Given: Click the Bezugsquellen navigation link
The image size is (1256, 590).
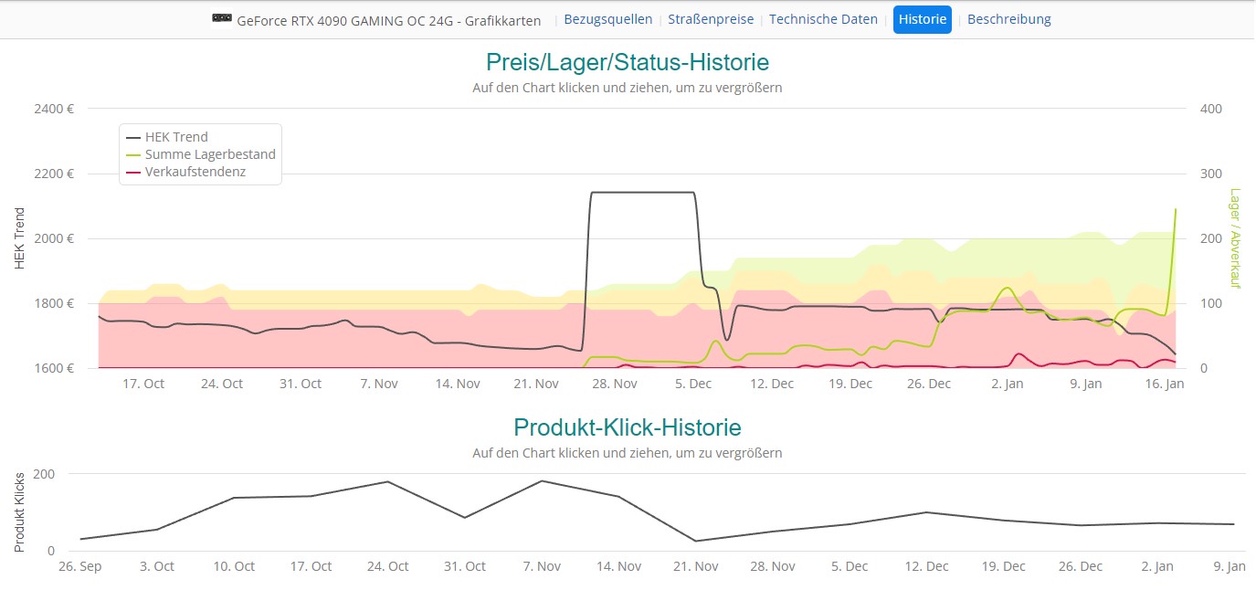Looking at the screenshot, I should pyautogui.click(x=608, y=19).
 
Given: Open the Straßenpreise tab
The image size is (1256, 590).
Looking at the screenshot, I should pyautogui.click(x=711, y=19).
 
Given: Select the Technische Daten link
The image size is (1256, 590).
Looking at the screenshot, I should pyautogui.click(x=823, y=19).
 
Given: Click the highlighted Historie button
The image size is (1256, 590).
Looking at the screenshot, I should pyautogui.click(x=922, y=19).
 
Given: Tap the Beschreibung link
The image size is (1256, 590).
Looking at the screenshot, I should pyautogui.click(x=1008, y=19).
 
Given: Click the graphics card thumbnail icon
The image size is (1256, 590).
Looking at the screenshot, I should pyautogui.click(x=221, y=19).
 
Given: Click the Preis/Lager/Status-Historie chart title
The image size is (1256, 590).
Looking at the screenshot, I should pyautogui.click(x=627, y=62).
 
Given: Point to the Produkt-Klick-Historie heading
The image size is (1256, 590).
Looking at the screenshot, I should pyautogui.click(x=627, y=427).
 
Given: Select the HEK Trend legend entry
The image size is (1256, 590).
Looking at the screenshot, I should pyautogui.click(x=176, y=137).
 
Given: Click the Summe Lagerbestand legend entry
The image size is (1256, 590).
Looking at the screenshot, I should pyautogui.click(x=209, y=154).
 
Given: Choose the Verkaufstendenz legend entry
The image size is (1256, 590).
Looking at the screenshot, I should pyautogui.click(x=195, y=172).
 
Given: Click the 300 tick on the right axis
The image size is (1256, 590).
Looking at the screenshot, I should pyautogui.click(x=1210, y=174).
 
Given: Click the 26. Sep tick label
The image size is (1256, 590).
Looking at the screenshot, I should pyautogui.click(x=79, y=566).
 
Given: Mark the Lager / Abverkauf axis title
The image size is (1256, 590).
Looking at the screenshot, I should pyautogui.click(x=1235, y=238).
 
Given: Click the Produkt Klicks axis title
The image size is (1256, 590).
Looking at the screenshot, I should pyautogui.click(x=19, y=511).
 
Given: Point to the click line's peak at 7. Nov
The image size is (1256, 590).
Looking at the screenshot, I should pyautogui.click(x=542, y=480).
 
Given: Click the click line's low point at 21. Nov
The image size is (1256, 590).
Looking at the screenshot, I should pyautogui.click(x=696, y=541).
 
